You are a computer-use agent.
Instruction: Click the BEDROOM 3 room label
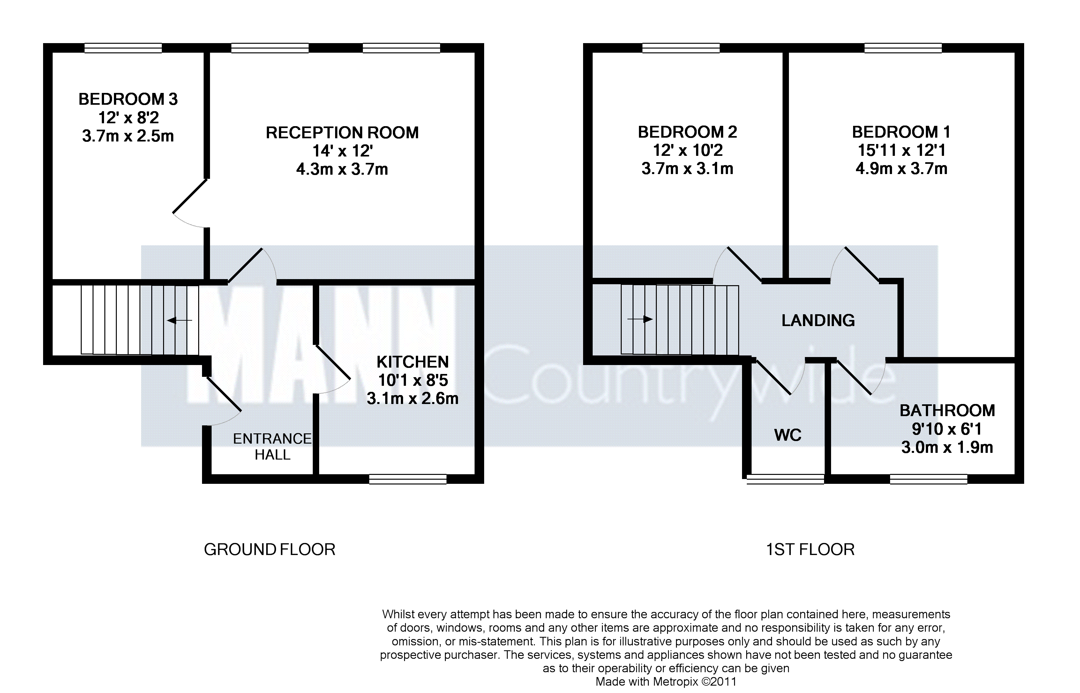tap(128, 99)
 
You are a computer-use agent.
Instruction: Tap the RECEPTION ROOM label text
tap(342, 133)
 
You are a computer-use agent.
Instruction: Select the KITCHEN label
tap(412, 362)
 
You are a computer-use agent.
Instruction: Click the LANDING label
tap(818, 320)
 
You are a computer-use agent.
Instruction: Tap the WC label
tap(788, 435)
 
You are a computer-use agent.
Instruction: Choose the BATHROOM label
tap(947, 410)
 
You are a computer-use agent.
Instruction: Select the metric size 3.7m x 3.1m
tap(687, 169)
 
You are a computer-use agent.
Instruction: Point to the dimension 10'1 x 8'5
tap(413, 380)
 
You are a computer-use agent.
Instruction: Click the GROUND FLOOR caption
tap(269, 549)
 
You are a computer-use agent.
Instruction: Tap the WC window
tap(785, 479)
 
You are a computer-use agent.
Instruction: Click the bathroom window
tap(928, 479)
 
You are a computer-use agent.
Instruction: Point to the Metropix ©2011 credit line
tap(666, 682)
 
